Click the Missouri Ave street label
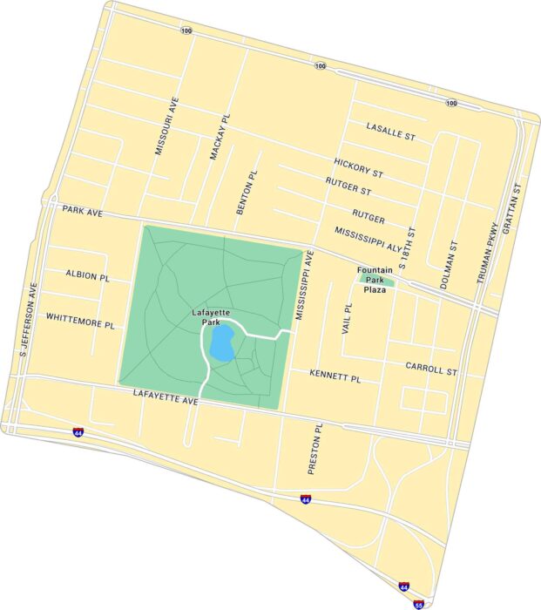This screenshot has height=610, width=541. (x=166, y=127)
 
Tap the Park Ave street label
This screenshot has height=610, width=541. (x=83, y=210)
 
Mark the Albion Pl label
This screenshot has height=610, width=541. (x=87, y=274)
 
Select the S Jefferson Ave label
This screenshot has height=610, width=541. (x=30, y=322)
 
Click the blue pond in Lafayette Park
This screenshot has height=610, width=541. (x=221, y=343)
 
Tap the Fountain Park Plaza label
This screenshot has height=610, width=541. (x=375, y=280)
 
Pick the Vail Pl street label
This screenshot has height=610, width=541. (x=348, y=319)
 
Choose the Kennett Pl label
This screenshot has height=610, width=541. (x=335, y=376)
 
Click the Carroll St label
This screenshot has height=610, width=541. (x=430, y=369)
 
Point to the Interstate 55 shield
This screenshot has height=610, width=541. (x=419, y=603)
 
